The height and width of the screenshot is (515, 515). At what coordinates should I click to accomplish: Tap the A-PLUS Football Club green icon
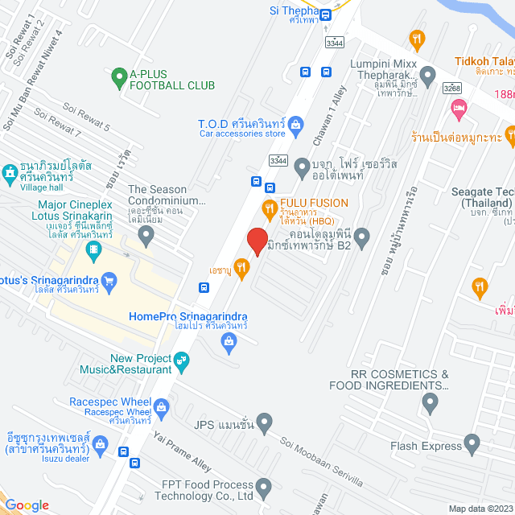coord(119,78)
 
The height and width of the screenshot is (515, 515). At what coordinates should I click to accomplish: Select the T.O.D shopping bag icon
coord(295,125)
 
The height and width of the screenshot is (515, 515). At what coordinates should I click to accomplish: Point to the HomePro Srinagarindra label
coord(187,317)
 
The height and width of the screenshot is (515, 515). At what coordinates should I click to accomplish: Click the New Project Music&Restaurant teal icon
coord(182,363)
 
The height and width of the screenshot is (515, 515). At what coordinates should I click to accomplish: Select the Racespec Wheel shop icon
coord(162,405)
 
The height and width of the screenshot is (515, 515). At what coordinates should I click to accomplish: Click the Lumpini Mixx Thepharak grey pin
coord(427,76)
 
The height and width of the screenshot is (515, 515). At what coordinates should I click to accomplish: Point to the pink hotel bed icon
coord(459,107)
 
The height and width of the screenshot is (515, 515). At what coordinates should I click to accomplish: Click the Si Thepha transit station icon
coord(326,14)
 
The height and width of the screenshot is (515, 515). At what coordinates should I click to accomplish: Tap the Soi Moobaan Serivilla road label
coord(321,455)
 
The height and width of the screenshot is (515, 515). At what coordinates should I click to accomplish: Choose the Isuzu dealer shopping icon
coord(101,443)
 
